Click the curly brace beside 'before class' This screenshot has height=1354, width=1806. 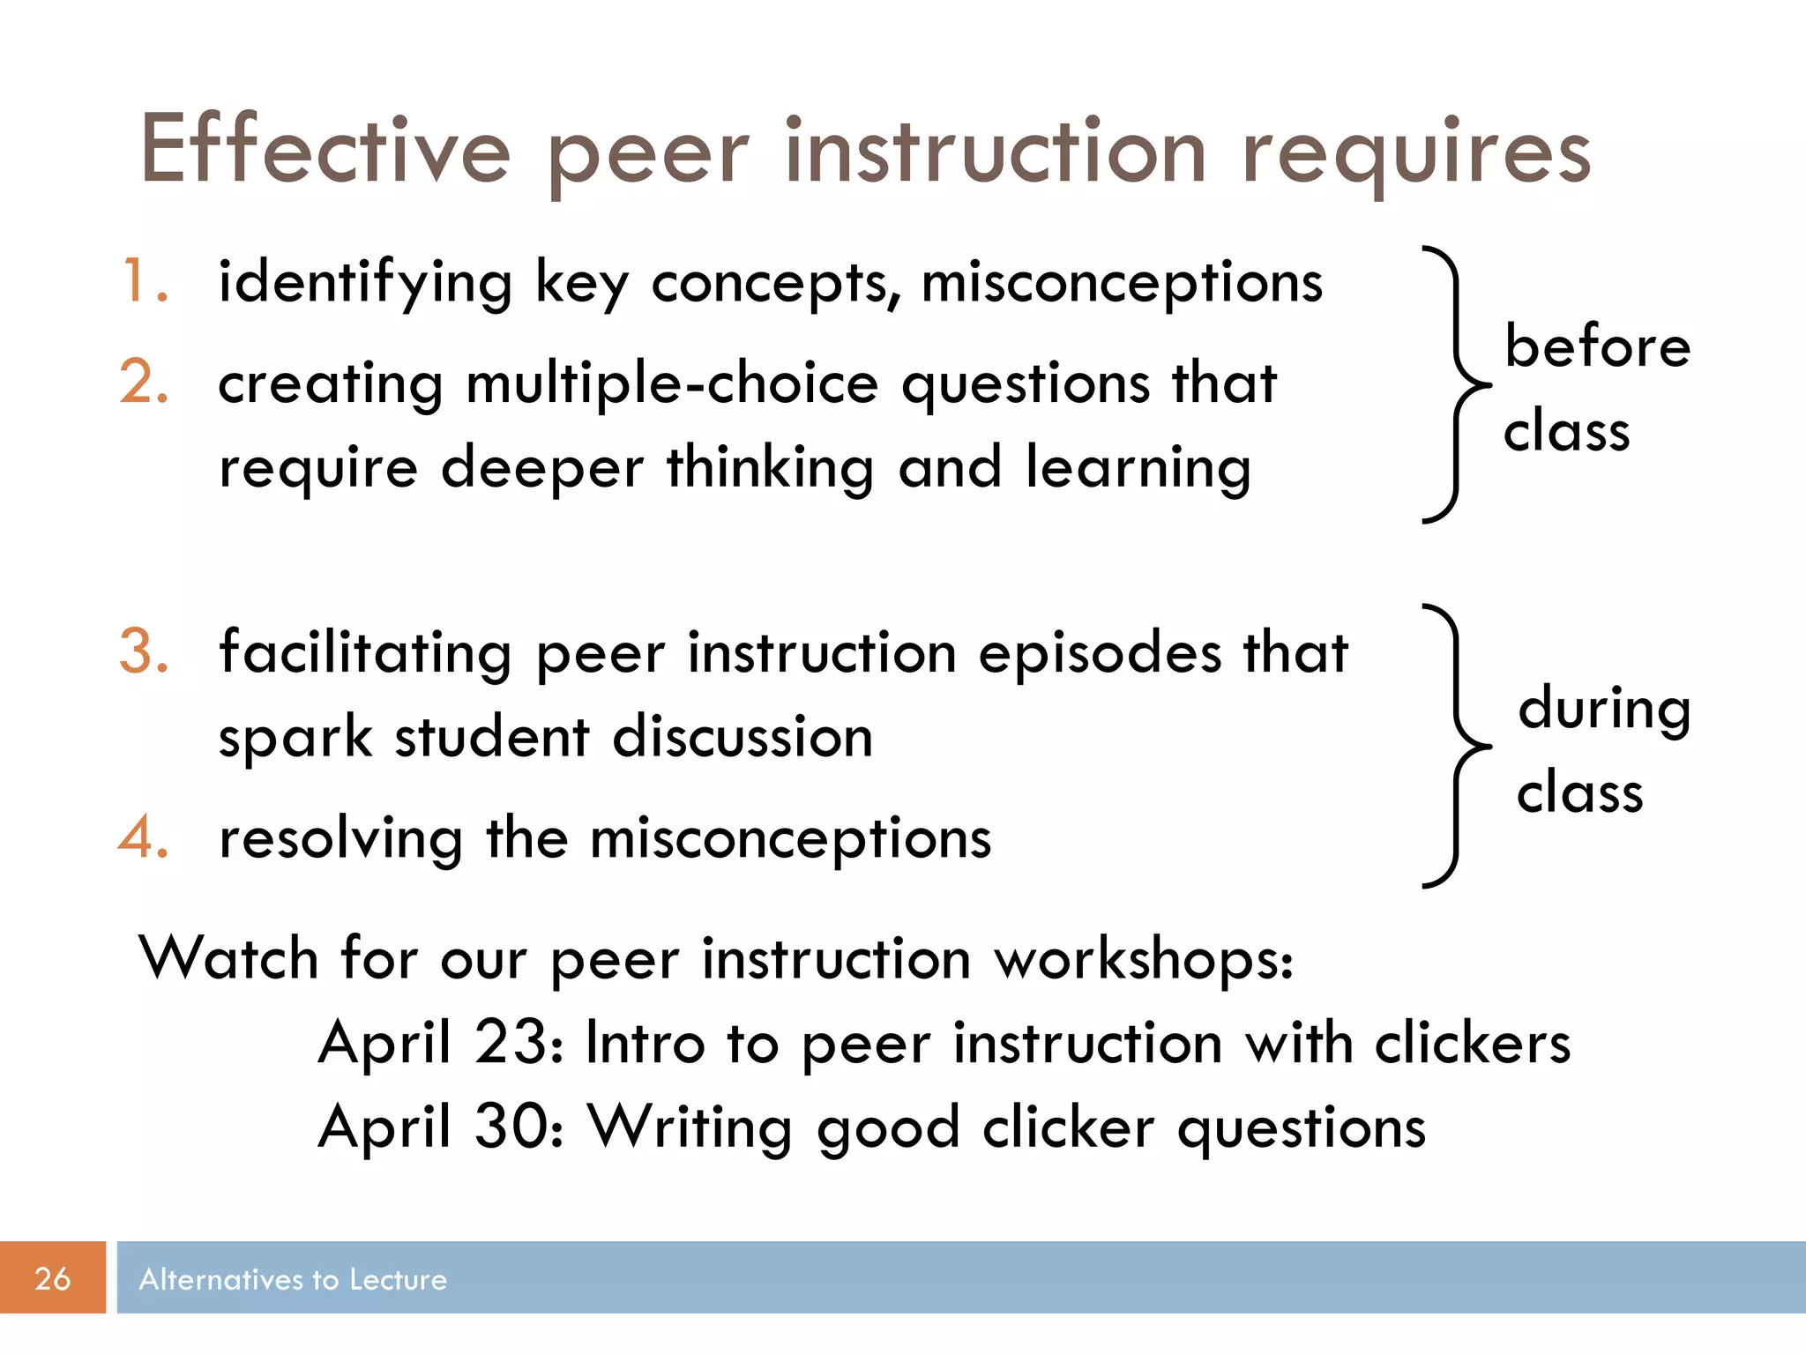1455,385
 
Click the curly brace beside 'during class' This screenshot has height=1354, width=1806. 1455,746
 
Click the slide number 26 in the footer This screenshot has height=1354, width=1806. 52,1278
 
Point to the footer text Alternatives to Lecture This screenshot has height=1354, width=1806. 293,1279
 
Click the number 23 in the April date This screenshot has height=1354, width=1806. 510,1042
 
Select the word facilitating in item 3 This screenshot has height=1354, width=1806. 365,653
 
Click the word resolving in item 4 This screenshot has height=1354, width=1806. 340,838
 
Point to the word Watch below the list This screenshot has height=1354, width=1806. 228,958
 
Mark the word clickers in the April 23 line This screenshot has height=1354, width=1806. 1473,1043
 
